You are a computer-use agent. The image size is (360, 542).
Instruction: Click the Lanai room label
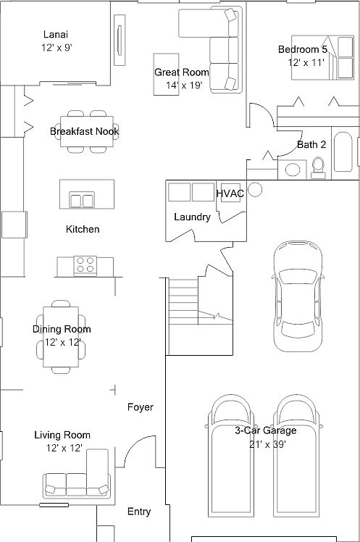click(56, 35)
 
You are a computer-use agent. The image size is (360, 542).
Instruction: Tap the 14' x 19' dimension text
click(183, 85)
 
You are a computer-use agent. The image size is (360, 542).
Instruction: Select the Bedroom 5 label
click(303, 49)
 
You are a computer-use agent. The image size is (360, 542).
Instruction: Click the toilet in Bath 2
click(317, 167)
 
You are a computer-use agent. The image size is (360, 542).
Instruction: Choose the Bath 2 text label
click(311, 144)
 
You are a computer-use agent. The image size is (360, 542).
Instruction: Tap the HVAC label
click(230, 193)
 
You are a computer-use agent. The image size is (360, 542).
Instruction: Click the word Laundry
click(192, 217)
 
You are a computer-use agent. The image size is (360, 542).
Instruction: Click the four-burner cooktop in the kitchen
click(85, 264)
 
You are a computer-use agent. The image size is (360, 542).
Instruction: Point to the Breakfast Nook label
click(85, 131)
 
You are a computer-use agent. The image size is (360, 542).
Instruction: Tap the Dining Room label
click(62, 329)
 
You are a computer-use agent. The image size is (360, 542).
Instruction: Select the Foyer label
click(141, 407)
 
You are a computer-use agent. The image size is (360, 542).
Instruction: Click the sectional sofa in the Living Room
click(80, 478)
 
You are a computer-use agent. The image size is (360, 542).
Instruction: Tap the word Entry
click(139, 512)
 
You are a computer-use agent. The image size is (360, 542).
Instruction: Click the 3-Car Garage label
click(265, 430)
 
